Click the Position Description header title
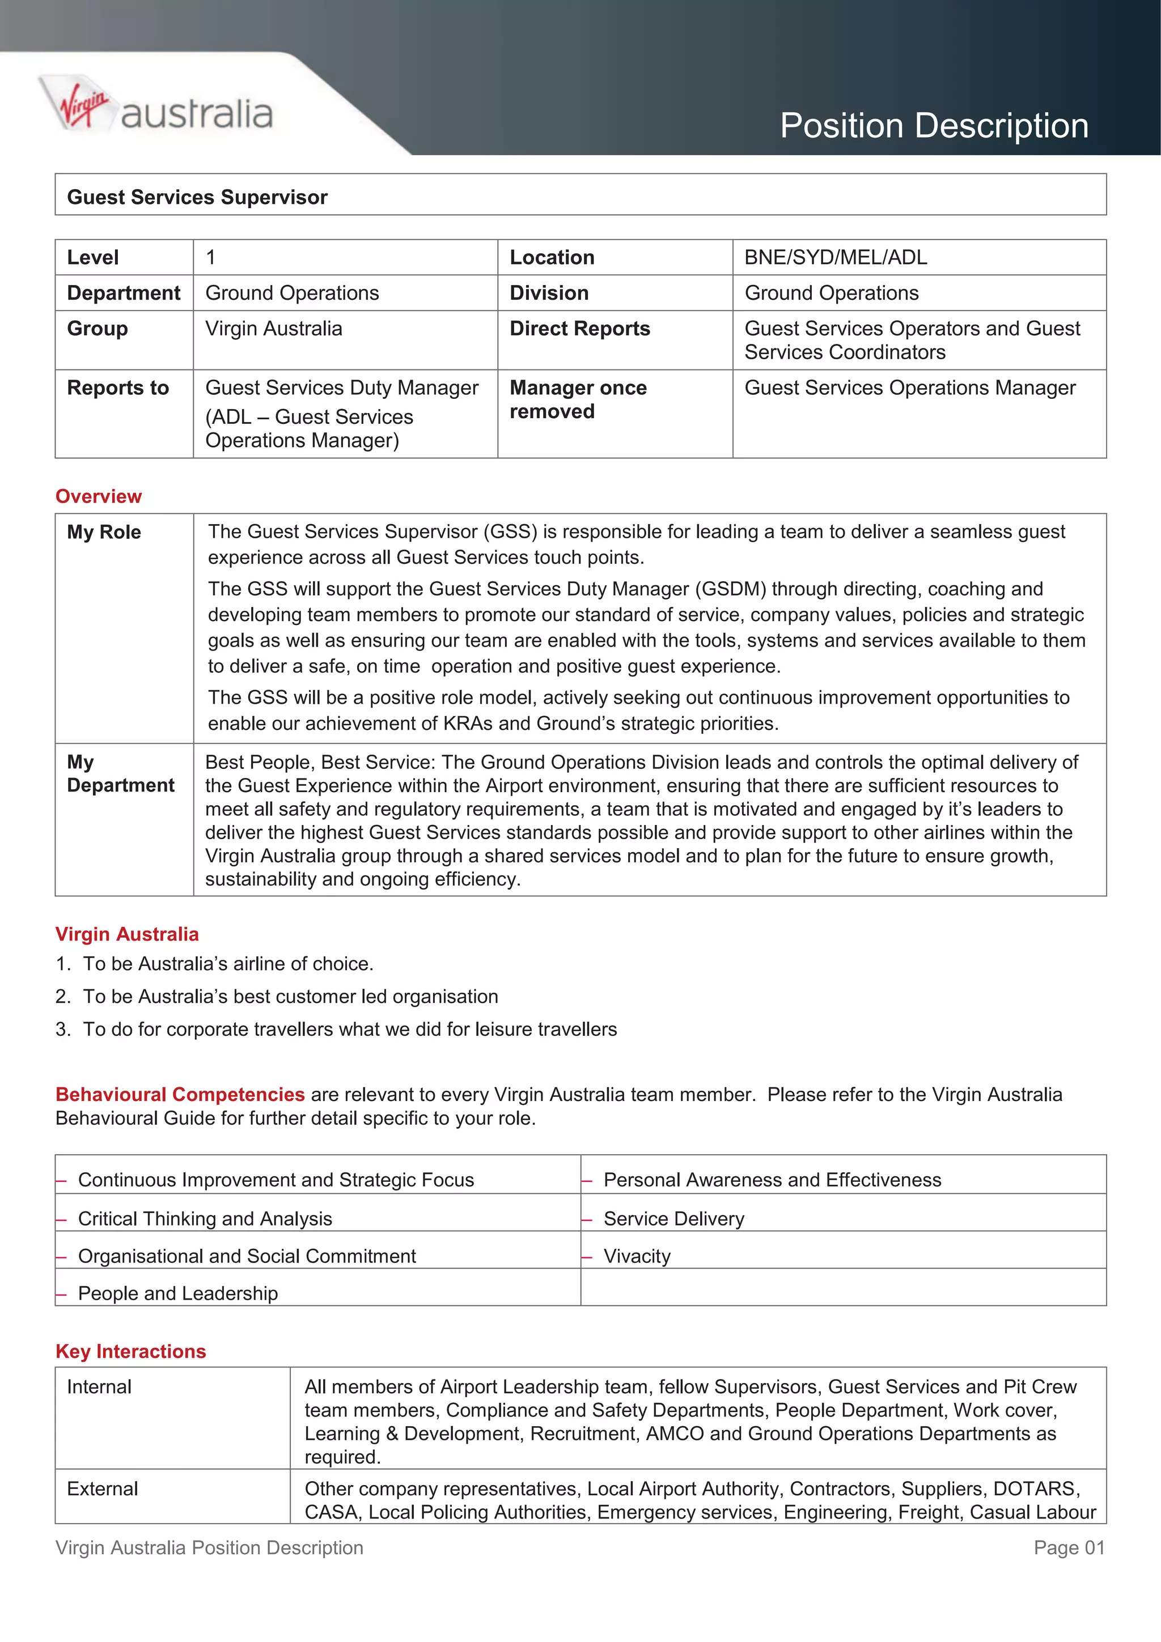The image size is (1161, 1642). pos(934,126)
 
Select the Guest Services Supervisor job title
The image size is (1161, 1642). pos(197,197)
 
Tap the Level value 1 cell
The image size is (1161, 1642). pos(211,257)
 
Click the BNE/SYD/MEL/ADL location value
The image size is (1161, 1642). pos(836,257)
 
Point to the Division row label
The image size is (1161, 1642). pos(549,293)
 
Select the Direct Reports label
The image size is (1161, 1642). pos(579,329)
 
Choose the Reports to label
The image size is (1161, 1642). pos(118,388)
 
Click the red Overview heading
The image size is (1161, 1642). pos(99,496)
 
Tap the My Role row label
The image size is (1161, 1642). pos(104,532)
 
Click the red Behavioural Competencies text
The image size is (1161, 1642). pos(180,1094)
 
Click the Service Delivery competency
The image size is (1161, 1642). pos(673,1219)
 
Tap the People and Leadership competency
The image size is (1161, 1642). pos(177,1293)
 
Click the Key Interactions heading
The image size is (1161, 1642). pos(131,1351)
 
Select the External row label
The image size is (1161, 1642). pos(102,1489)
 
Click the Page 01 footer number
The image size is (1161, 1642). pos(1069,1547)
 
